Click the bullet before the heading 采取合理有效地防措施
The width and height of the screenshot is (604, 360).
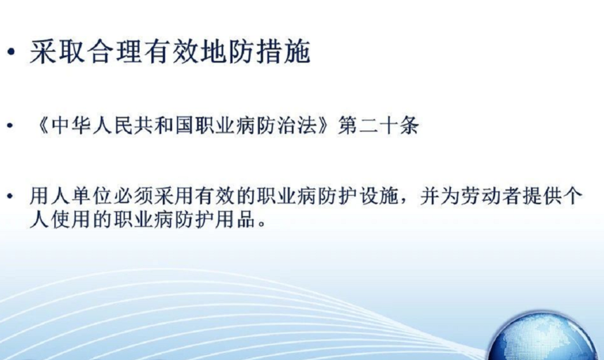(x=12, y=52)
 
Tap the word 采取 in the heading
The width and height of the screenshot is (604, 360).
(x=58, y=52)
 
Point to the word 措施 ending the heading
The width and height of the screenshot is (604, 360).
(x=283, y=52)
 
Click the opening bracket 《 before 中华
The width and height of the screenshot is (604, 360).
(x=42, y=126)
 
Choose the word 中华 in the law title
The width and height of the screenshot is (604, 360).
(x=70, y=126)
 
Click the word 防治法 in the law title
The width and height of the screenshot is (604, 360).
(x=287, y=126)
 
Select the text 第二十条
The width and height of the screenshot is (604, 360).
(x=379, y=126)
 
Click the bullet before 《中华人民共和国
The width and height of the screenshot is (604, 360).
(x=11, y=126)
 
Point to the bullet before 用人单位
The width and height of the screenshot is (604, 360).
(x=11, y=196)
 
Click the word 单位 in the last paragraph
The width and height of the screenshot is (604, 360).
(x=81, y=196)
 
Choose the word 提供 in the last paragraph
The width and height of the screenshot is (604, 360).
(x=541, y=196)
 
